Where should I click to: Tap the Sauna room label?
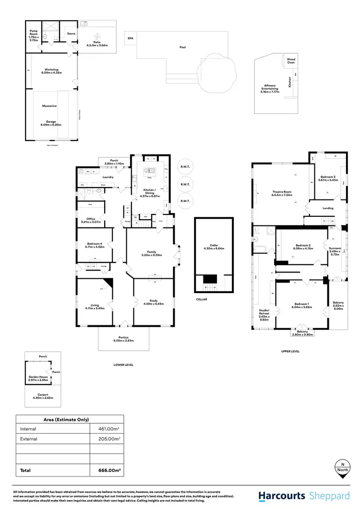(71, 34)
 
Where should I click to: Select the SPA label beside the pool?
(130, 38)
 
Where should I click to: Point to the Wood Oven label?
(291, 61)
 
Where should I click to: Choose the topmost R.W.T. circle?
(184, 167)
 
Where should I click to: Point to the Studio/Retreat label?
(264, 312)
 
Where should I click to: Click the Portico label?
(123, 338)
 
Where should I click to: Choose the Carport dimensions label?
(43, 397)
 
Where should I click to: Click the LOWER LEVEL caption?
(123, 365)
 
